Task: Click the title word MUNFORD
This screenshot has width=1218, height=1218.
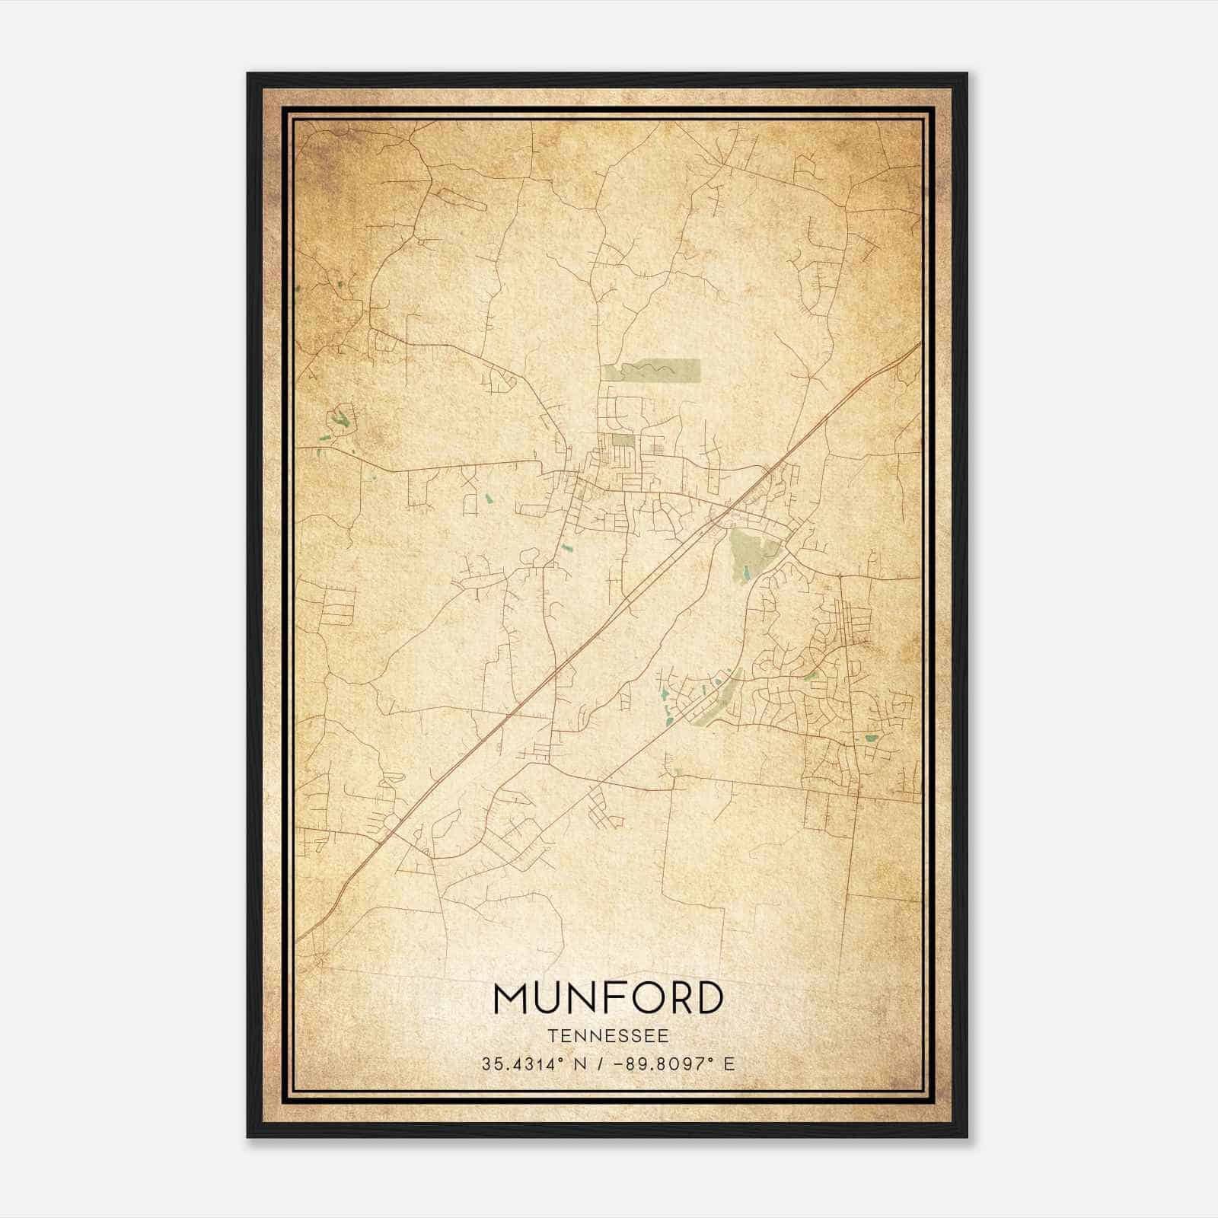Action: [x=608, y=998]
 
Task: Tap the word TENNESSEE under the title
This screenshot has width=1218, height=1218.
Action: [x=608, y=1036]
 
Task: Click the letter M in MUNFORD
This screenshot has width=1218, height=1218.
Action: [x=511, y=998]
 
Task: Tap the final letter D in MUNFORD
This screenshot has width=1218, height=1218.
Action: [x=707, y=998]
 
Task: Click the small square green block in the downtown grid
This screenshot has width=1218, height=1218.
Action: [x=623, y=440]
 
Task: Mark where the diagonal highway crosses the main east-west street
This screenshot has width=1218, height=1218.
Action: [x=730, y=508]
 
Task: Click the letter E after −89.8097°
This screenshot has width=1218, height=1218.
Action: [x=730, y=1064]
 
